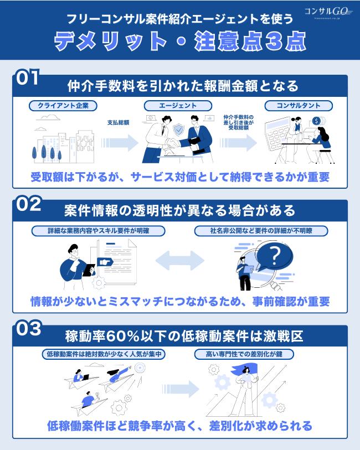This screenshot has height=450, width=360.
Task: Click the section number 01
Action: click(x=28, y=77)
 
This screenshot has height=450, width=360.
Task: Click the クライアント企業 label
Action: click(x=63, y=105)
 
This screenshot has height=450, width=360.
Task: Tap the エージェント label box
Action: click(x=179, y=105)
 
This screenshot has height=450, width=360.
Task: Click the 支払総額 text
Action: click(x=118, y=122)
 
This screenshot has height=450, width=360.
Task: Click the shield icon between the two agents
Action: click(x=179, y=131)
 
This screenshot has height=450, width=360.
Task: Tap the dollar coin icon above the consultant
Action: click(x=316, y=121)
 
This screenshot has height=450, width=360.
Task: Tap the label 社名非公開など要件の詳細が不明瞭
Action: click(x=261, y=230)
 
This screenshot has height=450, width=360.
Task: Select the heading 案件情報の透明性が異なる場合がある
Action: click(x=179, y=210)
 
